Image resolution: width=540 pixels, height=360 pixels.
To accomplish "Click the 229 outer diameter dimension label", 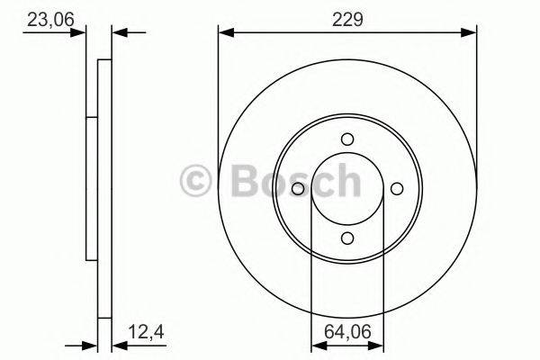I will click(346, 17).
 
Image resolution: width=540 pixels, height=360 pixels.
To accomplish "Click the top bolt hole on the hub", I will click(347, 139).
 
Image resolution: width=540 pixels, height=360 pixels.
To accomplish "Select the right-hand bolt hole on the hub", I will click(395, 187).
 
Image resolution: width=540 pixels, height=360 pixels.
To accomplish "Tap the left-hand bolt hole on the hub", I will click(300, 187).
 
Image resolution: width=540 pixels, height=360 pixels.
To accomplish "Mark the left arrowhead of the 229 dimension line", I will click(226, 33).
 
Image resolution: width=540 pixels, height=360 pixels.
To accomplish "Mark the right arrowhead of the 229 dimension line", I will click(469, 33).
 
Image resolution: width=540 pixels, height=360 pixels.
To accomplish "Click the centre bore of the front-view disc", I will click(347, 187).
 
